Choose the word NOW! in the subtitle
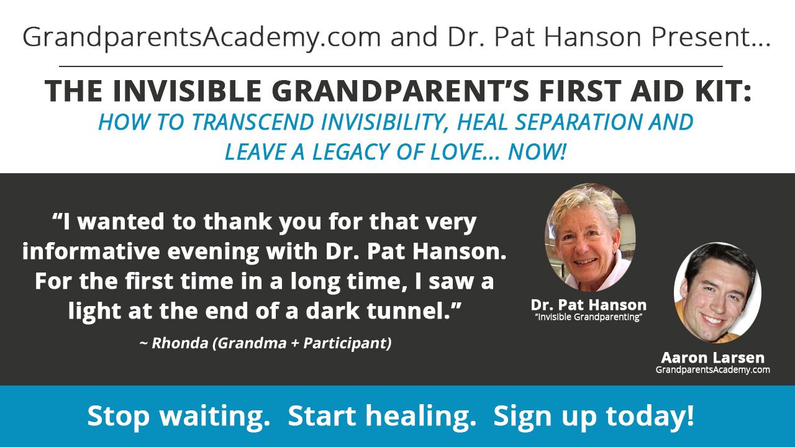pos(537,152)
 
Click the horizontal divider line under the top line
pos(391,66)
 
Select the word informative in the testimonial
pos(91,251)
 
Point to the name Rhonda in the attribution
pos(180,343)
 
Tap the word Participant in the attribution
pos(347,343)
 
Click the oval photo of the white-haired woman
pos(590,237)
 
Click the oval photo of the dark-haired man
pos(717,292)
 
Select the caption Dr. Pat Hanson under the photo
pos(588,305)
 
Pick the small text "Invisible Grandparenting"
pos(589,317)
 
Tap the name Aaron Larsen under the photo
pos(712,358)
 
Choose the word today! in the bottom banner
pos(650,416)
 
